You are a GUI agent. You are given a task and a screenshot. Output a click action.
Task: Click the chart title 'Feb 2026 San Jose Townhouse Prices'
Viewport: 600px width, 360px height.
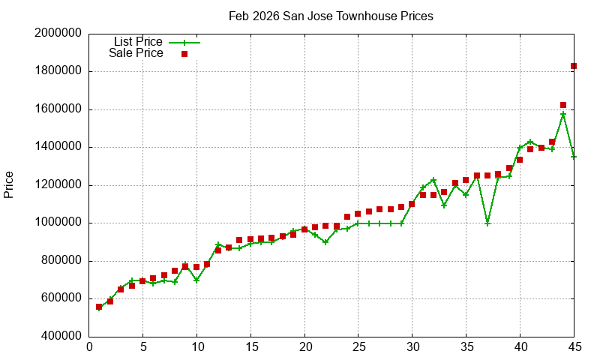[331, 16]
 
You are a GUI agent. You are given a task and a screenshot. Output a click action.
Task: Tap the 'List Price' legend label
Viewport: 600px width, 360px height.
[138, 41]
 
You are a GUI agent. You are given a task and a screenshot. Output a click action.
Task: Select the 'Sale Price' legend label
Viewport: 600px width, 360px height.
[136, 53]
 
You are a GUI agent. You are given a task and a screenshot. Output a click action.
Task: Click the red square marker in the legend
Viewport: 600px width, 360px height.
[184, 54]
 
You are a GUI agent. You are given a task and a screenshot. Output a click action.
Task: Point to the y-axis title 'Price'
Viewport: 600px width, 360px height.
[9, 184]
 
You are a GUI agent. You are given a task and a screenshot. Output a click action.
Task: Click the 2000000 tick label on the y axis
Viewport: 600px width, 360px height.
[58, 34]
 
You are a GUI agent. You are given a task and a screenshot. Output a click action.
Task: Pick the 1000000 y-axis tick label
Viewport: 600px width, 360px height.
[58, 223]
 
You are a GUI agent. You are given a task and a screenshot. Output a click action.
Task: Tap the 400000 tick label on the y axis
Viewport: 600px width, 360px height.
[61, 336]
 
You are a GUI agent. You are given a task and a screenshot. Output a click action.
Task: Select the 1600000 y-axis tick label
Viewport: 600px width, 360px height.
[58, 109]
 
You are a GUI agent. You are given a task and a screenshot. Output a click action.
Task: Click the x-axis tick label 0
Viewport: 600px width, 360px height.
[89, 347]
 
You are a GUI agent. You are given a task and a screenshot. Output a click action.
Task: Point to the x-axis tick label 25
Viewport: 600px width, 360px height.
[358, 347]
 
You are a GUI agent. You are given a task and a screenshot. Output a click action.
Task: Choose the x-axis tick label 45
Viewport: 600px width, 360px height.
[574, 347]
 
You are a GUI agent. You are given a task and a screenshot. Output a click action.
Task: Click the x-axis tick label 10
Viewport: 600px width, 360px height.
[196, 347]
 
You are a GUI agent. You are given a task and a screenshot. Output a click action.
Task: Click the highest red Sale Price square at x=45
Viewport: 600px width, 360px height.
[574, 66]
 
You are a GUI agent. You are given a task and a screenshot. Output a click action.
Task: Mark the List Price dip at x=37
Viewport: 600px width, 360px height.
[487, 223]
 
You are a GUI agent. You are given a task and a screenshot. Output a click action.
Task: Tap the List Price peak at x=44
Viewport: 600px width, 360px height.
[563, 114]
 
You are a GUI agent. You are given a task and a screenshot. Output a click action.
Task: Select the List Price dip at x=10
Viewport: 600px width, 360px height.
[196, 280]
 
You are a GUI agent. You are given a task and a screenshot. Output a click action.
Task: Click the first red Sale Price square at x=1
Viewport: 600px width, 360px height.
[99, 307]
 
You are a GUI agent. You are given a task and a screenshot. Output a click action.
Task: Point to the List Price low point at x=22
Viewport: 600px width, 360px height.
[325, 242]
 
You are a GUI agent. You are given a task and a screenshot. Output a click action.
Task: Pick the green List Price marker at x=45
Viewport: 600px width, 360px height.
[574, 157]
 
